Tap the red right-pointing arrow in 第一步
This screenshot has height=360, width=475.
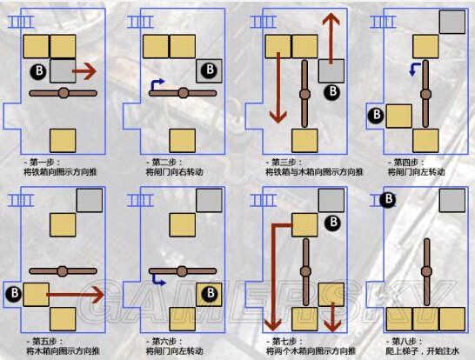[x=84, y=69]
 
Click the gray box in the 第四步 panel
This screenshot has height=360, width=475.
[x=451, y=21]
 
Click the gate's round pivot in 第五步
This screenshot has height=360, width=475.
[x=63, y=270]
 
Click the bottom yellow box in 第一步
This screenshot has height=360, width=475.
[x=63, y=139]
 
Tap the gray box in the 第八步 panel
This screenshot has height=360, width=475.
[x=451, y=201]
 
